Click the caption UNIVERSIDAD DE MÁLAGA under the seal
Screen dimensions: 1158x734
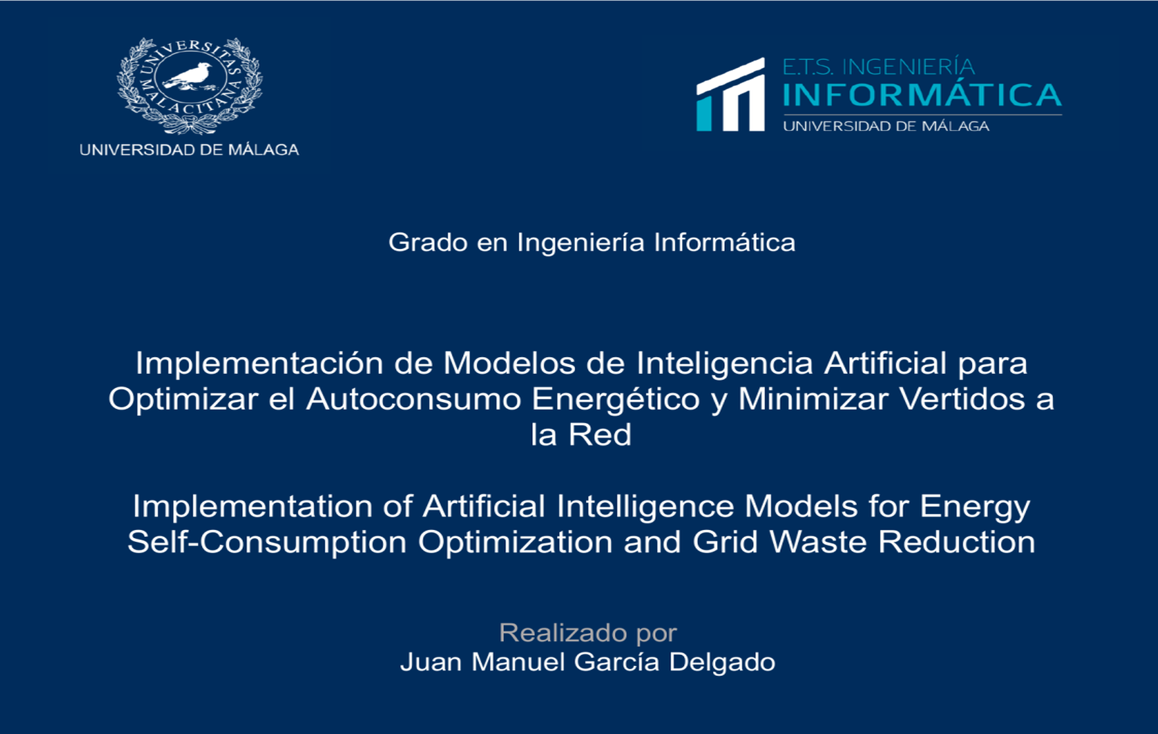point(189,150)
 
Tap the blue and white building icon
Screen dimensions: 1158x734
point(731,94)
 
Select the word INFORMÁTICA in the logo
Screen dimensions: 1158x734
point(922,94)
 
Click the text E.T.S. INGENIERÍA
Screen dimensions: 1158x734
point(879,67)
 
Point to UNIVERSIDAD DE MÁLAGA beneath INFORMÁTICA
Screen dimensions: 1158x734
point(886,126)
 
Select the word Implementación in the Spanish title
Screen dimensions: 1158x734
point(259,363)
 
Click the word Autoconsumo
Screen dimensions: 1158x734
point(413,399)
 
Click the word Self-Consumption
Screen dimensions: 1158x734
point(267,543)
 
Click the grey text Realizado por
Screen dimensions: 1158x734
point(588,632)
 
